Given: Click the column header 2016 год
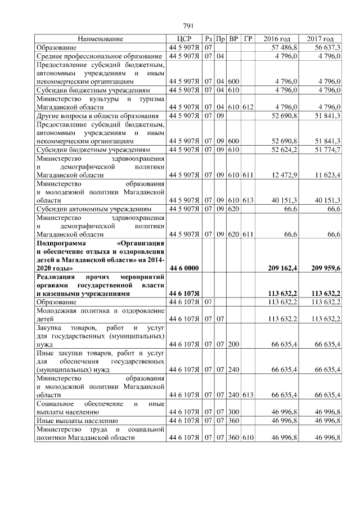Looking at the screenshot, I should click(277, 39).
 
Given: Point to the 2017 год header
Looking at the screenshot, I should click(321, 39).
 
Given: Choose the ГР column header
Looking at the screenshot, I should click(248, 39).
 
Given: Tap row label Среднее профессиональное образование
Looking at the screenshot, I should click(99, 56).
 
